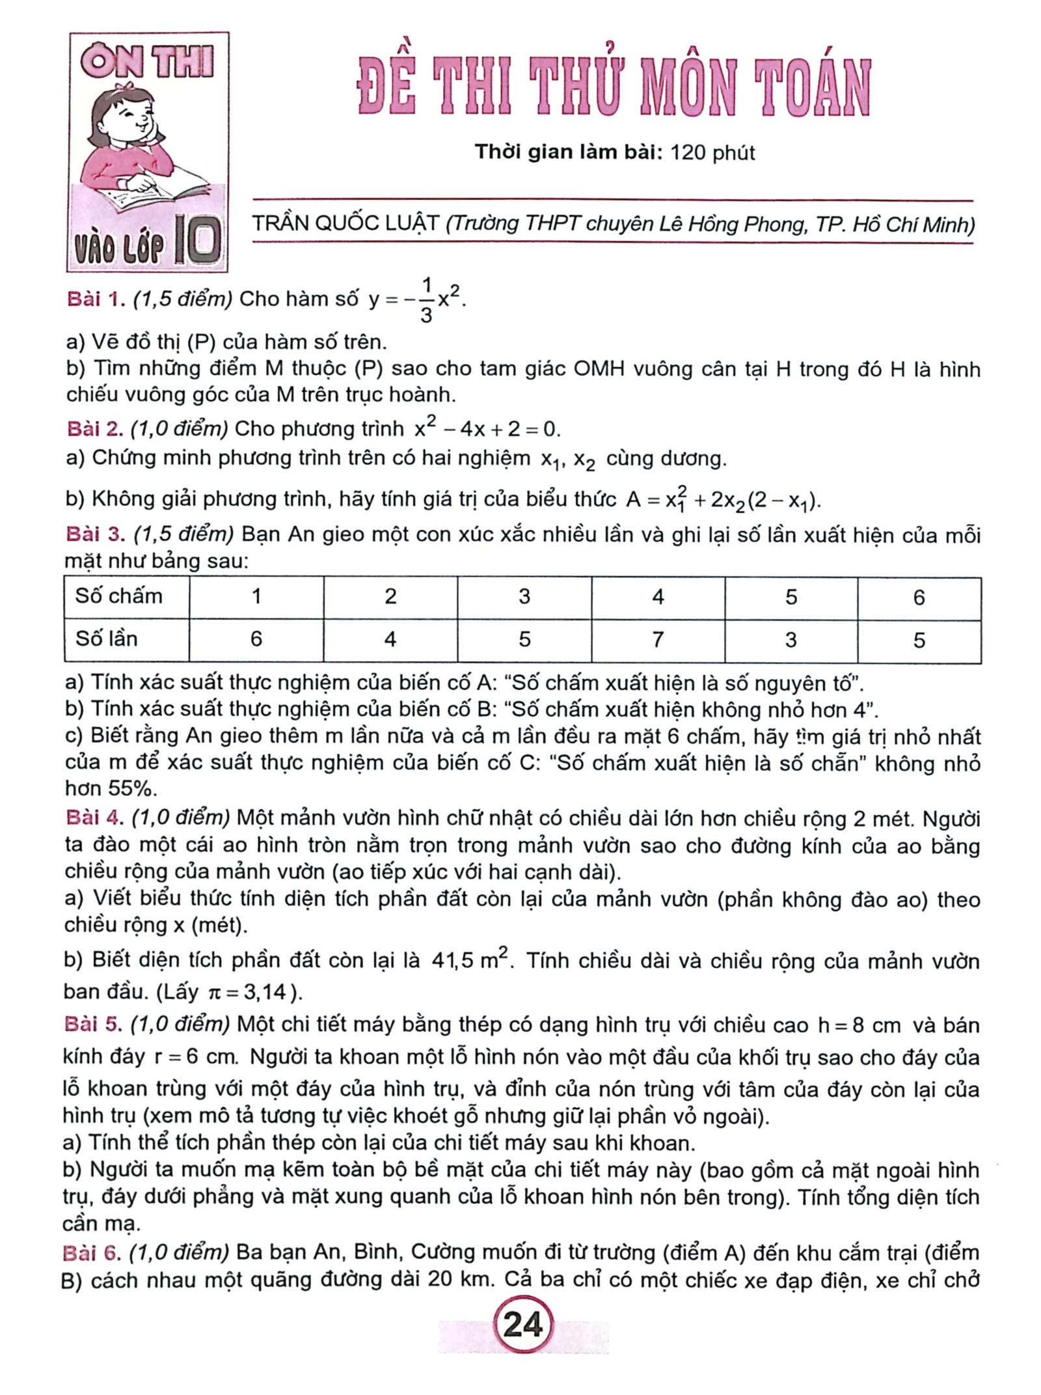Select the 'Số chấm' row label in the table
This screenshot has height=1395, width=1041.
(118, 596)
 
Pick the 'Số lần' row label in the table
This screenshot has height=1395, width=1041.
(107, 639)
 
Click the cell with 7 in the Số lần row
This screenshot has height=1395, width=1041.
(657, 640)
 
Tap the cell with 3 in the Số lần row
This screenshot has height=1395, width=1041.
(791, 640)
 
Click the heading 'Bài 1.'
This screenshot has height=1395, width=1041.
(96, 299)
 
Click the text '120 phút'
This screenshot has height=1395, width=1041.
(712, 153)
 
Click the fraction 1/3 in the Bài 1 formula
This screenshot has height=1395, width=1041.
(426, 299)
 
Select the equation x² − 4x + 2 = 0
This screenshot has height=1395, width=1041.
(487, 429)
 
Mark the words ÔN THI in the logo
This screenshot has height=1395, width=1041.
(148, 64)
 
